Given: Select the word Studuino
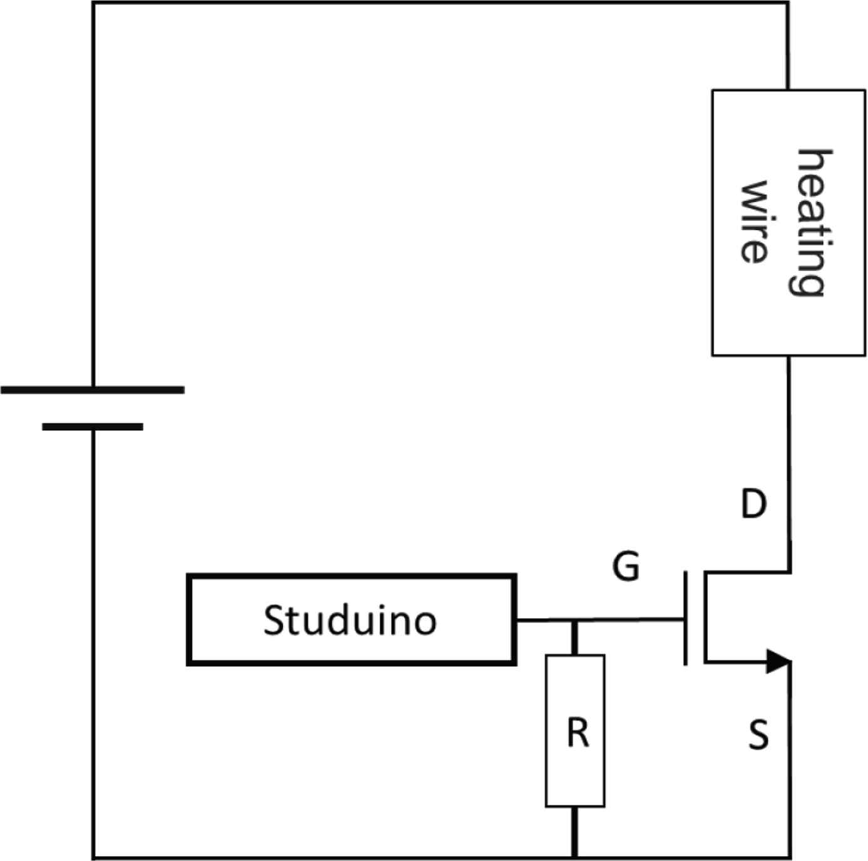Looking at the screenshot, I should pyautogui.click(x=350, y=620).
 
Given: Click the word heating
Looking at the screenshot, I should pyautogui.click(x=813, y=222).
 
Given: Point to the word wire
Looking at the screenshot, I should pyautogui.click(x=755, y=222).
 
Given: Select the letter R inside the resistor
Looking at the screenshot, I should pyautogui.click(x=578, y=733).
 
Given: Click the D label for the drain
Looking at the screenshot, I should pyautogui.click(x=753, y=503).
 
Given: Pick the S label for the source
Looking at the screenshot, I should pyautogui.click(x=758, y=735).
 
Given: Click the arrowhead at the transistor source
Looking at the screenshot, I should pyautogui.click(x=778, y=661).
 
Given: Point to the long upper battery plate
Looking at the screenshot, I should pyautogui.click(x=93, y=389).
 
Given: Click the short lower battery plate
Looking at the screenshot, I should pyautogui.click(x=93, y=427).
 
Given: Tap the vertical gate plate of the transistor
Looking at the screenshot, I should pyautogui.click(x=686, y=618).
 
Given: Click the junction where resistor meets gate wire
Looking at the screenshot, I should pyautogui.click(x=575, y=621).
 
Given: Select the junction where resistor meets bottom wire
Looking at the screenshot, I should pyautogui.click(x=575, y=856).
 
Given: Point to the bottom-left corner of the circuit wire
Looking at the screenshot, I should pyautogui.click(x=94, y=857).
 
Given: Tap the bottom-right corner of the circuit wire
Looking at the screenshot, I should pyautogui.click(x=790, y=857).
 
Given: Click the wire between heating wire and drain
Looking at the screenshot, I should pyautogui.click(x=789, y=451).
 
